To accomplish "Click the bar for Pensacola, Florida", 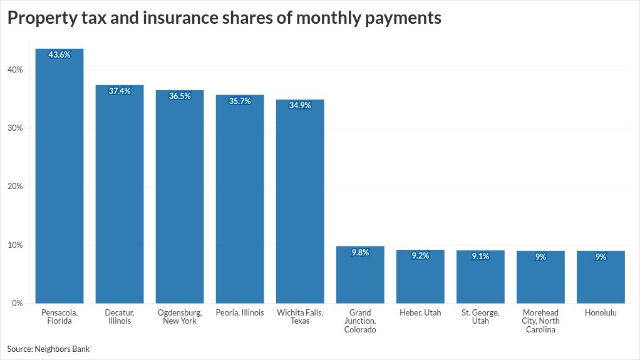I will pyautogui.click(x=59, y=176).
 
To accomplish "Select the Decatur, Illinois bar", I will pyautogui.click(x=120, y=194).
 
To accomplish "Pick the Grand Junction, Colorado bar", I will pyautogui.click(x=360, y=275).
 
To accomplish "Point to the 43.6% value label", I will pyautogui.click(x=59, y=54).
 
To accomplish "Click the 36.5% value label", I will pyautogui.click(x=180, y=96).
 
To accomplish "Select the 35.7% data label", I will pyautogui.click(x=240, y=100).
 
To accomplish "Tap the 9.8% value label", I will pyautogui.click(x=360, y=252).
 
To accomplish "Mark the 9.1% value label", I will pyautogui.click(x=480, y=256).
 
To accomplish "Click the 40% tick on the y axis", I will pyautogui.click(x=16, y=69).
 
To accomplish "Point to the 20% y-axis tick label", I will pyautogui.click(x=16, y=187).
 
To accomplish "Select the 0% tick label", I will pyautogui.click(x=18, y=303).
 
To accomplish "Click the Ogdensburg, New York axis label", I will pyautogui.click(x=180, y=317).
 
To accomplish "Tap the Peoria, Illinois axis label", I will pyautogui.click(x=240, y=312).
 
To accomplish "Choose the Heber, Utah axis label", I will pyautogui.click(x=420, y=312).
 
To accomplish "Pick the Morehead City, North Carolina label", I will pyautogui.click(x=540, y=321).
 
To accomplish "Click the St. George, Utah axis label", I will pyautogui.click(x=480, y=317).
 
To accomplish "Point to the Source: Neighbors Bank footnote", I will pyautogui.click(x=48, y=349).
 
